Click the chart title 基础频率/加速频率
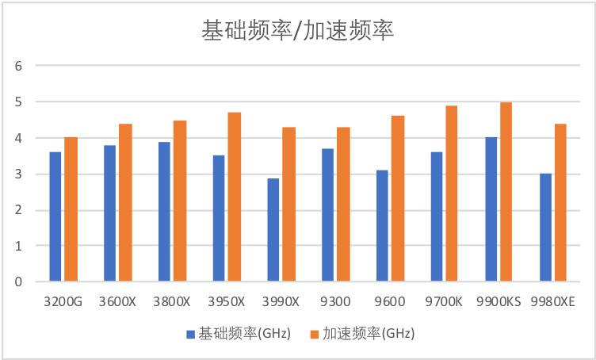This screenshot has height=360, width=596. (297, 30)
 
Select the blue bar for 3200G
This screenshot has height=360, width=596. (55, 216)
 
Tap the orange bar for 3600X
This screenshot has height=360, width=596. (125, 202)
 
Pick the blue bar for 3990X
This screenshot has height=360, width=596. (273, 230)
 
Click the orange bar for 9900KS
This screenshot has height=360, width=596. (506, 192)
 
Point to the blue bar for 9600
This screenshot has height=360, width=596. (382, 226)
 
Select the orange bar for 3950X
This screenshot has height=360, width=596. (235, 197)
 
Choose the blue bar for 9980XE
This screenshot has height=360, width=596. (545, 228)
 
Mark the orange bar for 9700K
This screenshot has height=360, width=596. (452, 193)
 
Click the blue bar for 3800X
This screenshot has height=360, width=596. (164, 212)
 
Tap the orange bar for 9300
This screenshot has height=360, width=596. (343, 204)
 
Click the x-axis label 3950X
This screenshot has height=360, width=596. (227, 302)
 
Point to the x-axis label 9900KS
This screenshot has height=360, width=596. (499, 302)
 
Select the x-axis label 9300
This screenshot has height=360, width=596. (335, 302)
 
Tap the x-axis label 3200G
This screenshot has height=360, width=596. (63, 302)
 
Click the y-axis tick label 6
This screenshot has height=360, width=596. (17, 66)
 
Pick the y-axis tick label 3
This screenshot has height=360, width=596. (17, 174)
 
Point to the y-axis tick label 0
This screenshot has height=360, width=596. (17, 281)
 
